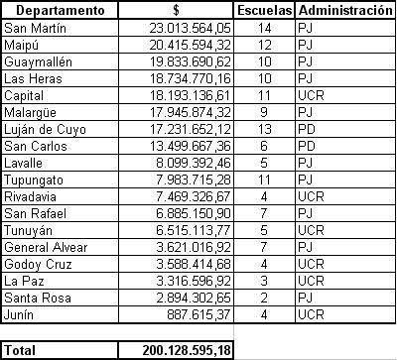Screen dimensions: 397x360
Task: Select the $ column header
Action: [x=176, y=11]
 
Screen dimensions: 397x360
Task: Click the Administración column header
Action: [x=344, y=11]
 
